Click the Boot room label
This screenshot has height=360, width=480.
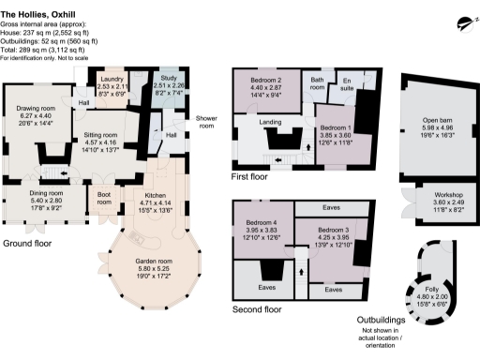click(104, 198)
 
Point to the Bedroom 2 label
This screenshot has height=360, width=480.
click(266, 81)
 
